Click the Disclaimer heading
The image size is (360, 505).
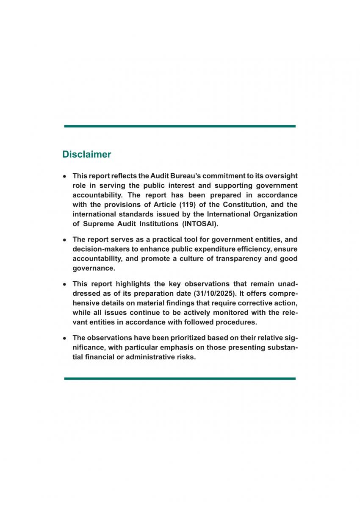pos(86,154)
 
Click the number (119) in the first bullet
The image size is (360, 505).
pos(174,205)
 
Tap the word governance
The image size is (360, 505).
pos(94,269)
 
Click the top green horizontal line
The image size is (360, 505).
pos(180,126)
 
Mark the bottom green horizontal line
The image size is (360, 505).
pos(180,378)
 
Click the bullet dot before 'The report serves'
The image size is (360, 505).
pos(64,240)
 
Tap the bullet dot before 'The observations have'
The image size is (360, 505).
pos(64,338)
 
